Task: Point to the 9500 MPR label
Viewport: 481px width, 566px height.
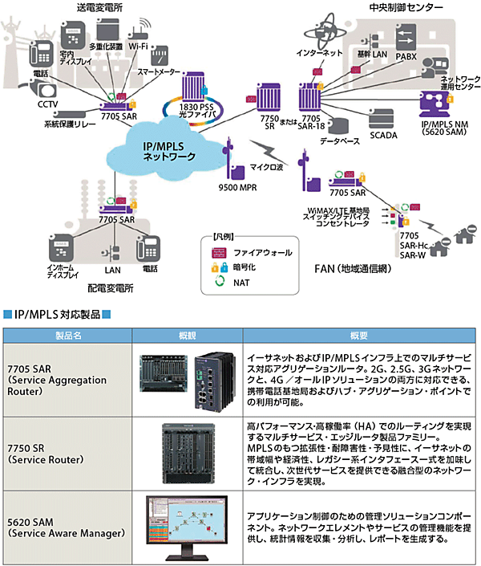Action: (235, 186)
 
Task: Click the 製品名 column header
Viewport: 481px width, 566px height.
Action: (69, 334)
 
